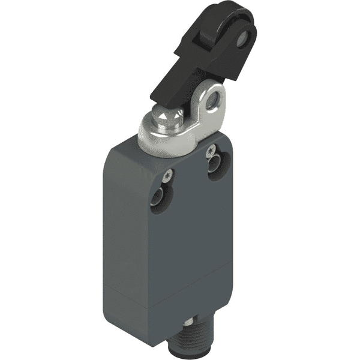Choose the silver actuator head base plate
[x=175, y=142]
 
